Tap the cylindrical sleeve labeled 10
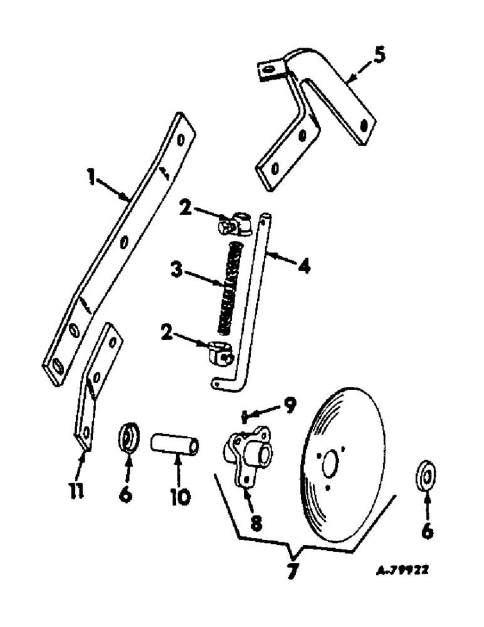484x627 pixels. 175,447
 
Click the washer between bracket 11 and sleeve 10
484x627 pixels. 129,437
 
